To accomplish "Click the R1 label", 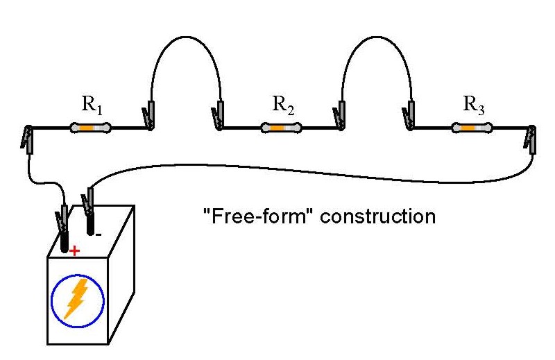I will [92, 105].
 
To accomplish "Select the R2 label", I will [283, 105].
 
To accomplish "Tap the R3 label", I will [474, 105].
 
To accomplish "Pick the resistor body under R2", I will [281, 128].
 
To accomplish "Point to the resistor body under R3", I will [472, 128].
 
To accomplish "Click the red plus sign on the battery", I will [74, 250].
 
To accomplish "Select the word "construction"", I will [370, 216].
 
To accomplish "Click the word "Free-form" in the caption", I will [250, 216].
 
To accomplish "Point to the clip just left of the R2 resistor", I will [219, 116].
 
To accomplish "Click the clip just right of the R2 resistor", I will [340, 116].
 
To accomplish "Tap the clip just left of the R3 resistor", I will [409, 116].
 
